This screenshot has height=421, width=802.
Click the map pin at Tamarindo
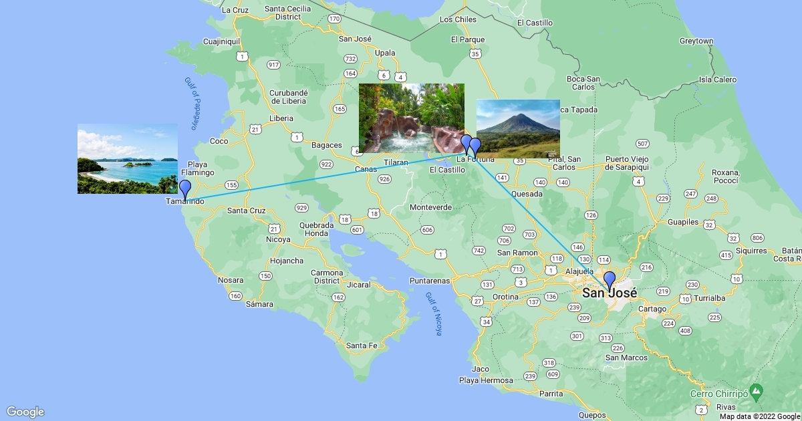[185, 188]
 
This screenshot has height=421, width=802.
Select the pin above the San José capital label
[609, 281]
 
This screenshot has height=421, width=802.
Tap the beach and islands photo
[127, 158]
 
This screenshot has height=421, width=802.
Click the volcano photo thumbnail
[518, 128]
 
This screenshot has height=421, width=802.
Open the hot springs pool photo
[411, 118]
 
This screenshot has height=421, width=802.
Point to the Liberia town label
[281, 118]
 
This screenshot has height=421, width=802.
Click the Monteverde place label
[431, 207]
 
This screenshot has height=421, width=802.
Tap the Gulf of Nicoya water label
[434, 313]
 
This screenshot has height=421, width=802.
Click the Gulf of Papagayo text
[192, 104]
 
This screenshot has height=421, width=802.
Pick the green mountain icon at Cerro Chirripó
[756, 389]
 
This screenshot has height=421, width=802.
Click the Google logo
[25, 412]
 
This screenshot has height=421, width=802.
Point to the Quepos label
[593, 414]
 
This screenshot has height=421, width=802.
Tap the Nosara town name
[230, 280]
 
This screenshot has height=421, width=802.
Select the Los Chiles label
[458, 19]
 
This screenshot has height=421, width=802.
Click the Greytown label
[696, 41]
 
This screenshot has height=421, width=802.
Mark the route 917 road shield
[273, 65]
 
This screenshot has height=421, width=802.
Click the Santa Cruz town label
[247, 210]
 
